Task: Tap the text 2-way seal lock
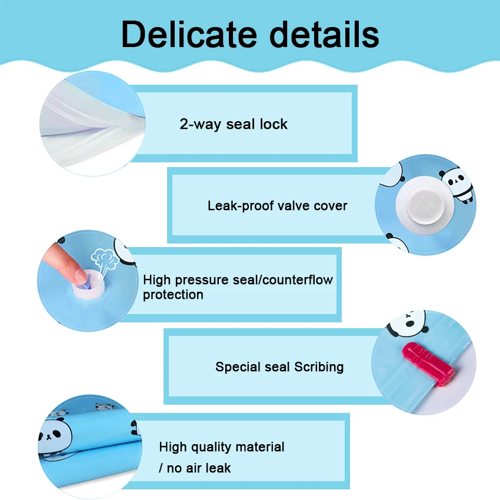coord(234,124)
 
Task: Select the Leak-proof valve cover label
coord(277,206)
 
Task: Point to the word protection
coord(173,295)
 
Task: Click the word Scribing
coord(319,367)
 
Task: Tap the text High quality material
coord(221,447)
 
